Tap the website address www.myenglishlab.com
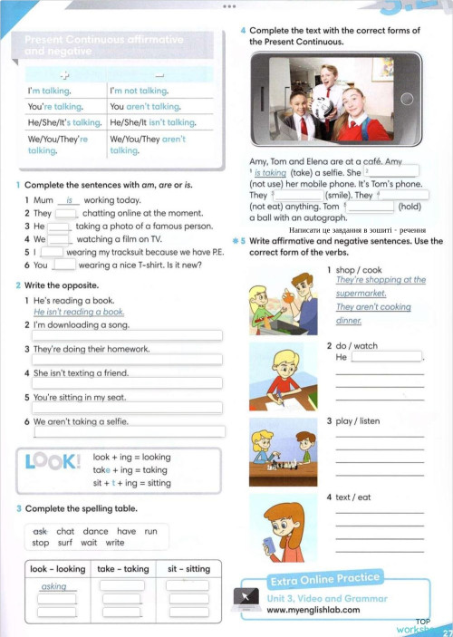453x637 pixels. [313, 610]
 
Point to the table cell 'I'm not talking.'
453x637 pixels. [139, 91]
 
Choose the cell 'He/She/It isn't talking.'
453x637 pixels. [152, 122]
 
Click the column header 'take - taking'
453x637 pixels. [122, 569]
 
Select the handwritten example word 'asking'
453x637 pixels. [54, 586]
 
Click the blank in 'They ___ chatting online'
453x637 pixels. [65, 213]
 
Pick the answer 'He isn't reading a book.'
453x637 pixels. [81, 312]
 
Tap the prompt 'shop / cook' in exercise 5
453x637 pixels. [358, 270]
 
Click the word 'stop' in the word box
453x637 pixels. [41, 543]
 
